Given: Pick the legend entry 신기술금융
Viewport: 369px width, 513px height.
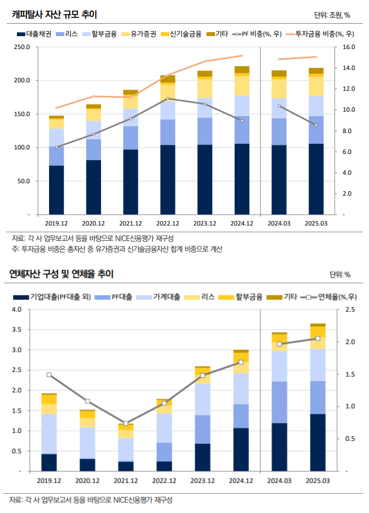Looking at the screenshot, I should point(185,34).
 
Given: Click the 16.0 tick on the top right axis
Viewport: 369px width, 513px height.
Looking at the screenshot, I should point(348,47).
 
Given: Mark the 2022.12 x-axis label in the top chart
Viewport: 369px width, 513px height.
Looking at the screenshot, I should point(168,223).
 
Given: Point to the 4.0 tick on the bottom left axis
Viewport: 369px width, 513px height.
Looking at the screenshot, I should point(16,309).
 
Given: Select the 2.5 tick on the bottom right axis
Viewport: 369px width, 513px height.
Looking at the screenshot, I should point(350,309).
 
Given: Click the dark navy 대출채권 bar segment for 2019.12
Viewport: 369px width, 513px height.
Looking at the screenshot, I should point(56,190).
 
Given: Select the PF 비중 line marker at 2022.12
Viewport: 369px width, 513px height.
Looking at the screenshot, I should point(168,99).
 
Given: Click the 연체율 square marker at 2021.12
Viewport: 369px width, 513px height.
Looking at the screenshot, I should point(126,423).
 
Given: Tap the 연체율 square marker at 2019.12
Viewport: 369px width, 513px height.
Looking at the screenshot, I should point(49,374).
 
